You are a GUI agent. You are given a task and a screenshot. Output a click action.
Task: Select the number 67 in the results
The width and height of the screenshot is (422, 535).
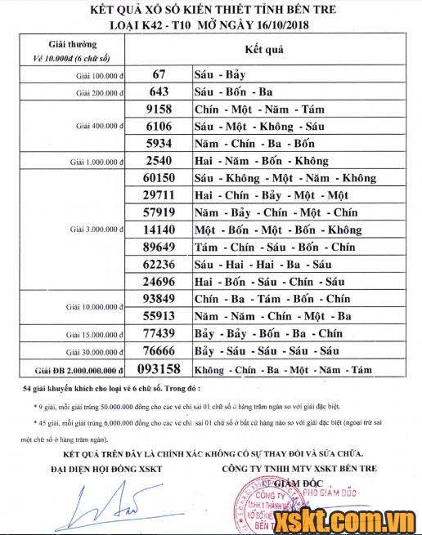pos(159,74)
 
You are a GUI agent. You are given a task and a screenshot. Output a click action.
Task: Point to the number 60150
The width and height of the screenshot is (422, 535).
pos(159,178)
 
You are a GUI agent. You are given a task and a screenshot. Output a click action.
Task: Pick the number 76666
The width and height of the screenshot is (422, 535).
pos(159,350)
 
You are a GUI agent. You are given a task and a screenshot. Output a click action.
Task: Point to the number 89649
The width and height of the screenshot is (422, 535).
pos(159,247)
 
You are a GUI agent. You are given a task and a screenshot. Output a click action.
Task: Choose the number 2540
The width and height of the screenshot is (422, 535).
pos(159,161)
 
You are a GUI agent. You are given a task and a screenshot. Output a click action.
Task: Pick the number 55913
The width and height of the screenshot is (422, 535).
pos(159,315)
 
